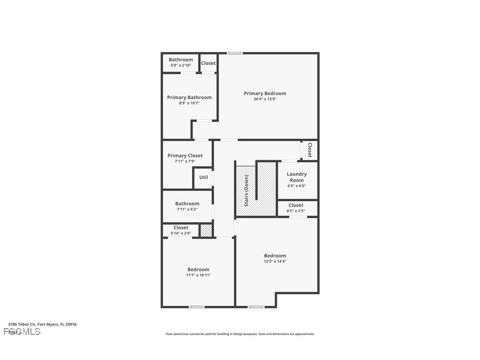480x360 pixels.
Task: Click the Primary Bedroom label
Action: tap(265, 93)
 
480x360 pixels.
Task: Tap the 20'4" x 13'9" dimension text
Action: tap(265, 99)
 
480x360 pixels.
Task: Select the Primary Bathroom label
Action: tap(189, 97)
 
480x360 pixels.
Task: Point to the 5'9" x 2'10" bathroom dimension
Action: tap(181, 65)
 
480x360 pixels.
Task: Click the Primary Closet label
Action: tap(185, 156)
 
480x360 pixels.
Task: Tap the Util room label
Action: tap(203, 177)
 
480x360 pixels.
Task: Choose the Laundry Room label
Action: tap(297, 177)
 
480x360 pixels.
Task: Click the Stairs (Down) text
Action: tap(247, 191)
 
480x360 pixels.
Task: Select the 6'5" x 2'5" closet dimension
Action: tap(296, 211)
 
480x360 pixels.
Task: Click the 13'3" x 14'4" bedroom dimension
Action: tap(275, 261)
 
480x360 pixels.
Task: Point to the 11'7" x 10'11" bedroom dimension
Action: tap(198, 275)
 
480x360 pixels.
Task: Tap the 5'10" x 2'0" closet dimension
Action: tap(181, 233)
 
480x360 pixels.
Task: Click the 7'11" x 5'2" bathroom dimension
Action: tap(187, 209)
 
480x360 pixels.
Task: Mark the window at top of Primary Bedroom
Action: tap(235, 53)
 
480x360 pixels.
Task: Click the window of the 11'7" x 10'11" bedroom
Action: tap(197, 306)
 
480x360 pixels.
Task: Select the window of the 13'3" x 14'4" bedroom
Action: tap(256, 306)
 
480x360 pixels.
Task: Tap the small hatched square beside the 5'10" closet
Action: tap(206, 230)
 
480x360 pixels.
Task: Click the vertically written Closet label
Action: tap(310, 150)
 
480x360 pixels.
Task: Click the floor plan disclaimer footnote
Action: tap(240, 334)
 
